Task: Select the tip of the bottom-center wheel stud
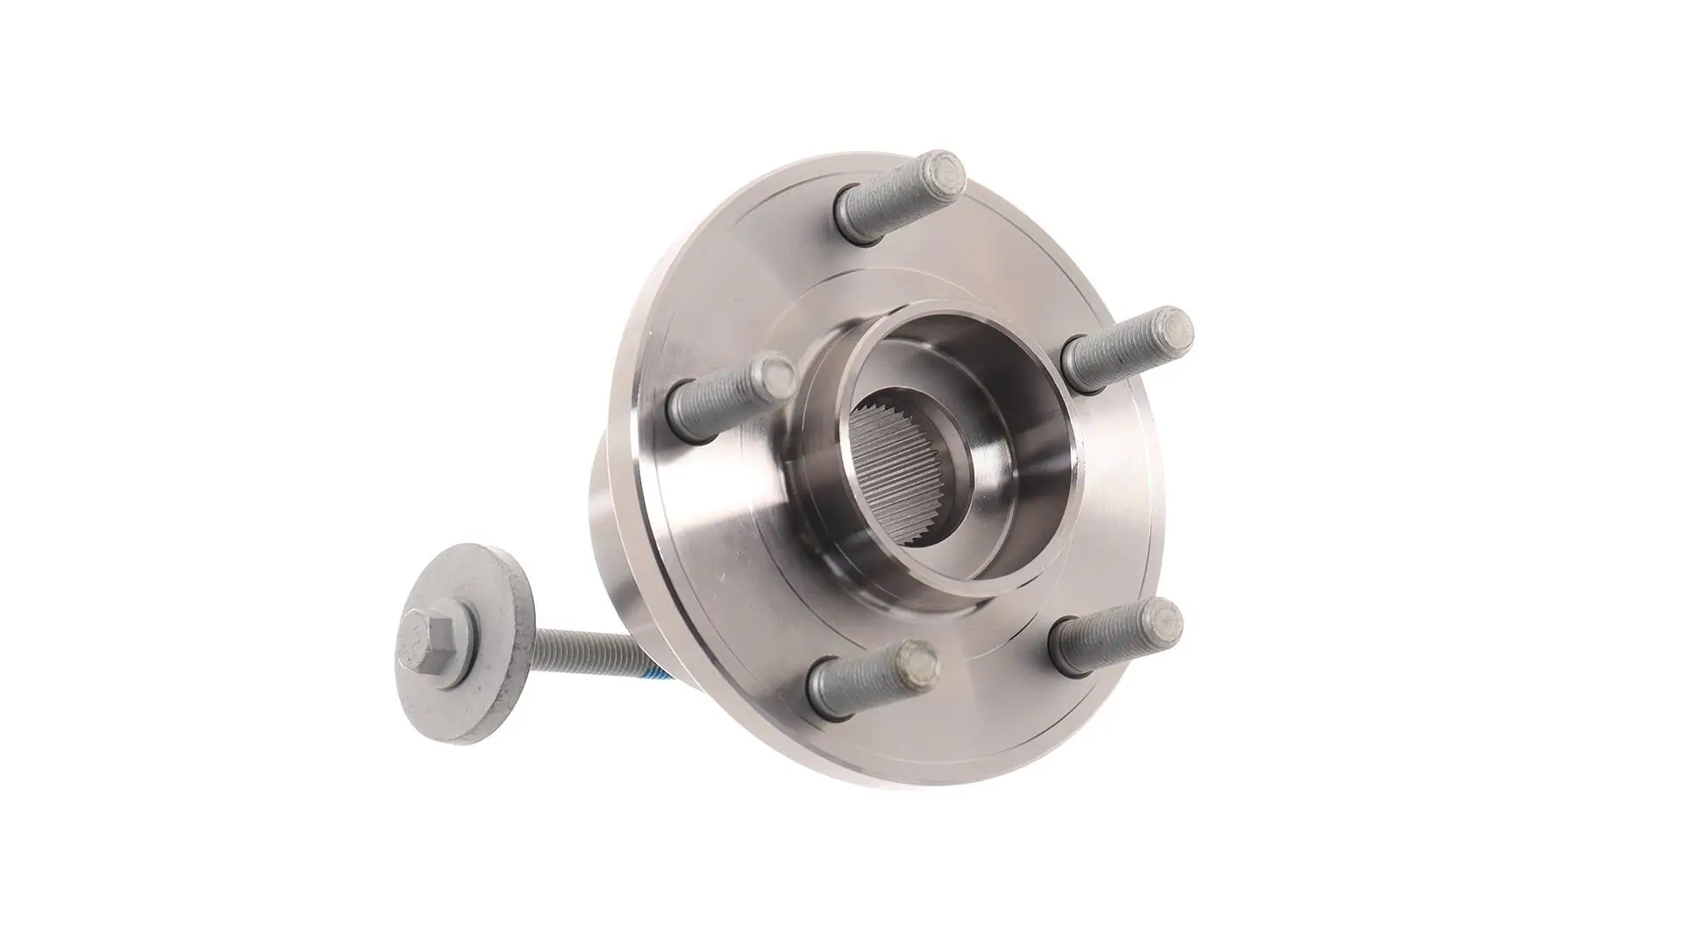[x=914, y=658]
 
